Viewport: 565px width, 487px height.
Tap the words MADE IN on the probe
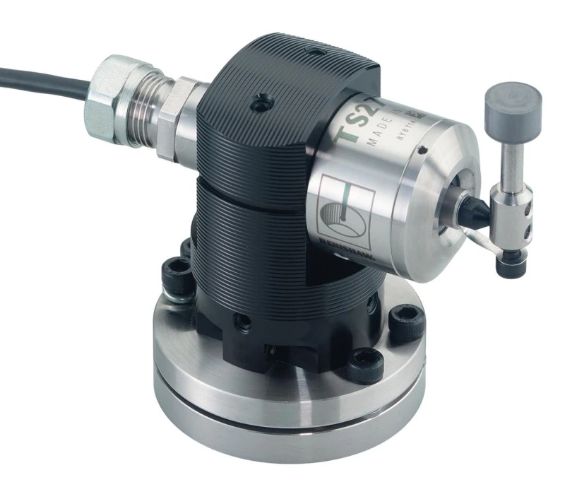coord(385,134)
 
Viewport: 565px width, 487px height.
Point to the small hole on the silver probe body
coord(421,149)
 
